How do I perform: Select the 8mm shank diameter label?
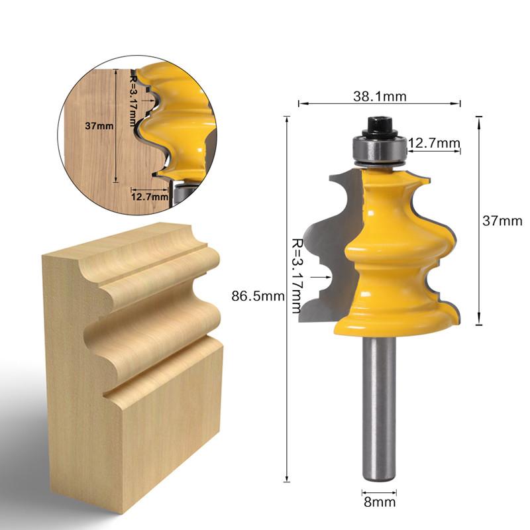[380, 502]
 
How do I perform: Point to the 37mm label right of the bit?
[502, 222]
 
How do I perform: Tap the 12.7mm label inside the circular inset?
[146, 196]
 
